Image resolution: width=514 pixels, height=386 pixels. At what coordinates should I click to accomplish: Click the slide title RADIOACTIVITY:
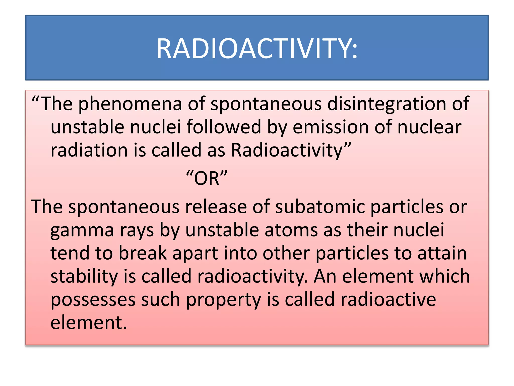tap(257, 49)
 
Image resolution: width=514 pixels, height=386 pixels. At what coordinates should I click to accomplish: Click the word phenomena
tap(130, 104)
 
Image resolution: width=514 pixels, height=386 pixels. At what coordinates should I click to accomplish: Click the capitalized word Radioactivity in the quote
tap(287, 150)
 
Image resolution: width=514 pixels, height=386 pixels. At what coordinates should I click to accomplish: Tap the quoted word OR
tap(207, 178)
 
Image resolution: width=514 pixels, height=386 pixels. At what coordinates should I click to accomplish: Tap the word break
tap(143, 253)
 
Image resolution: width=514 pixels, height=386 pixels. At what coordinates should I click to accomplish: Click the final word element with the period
tap(89, 323)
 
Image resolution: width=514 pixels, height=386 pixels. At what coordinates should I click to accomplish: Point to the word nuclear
tap(429, 127)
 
